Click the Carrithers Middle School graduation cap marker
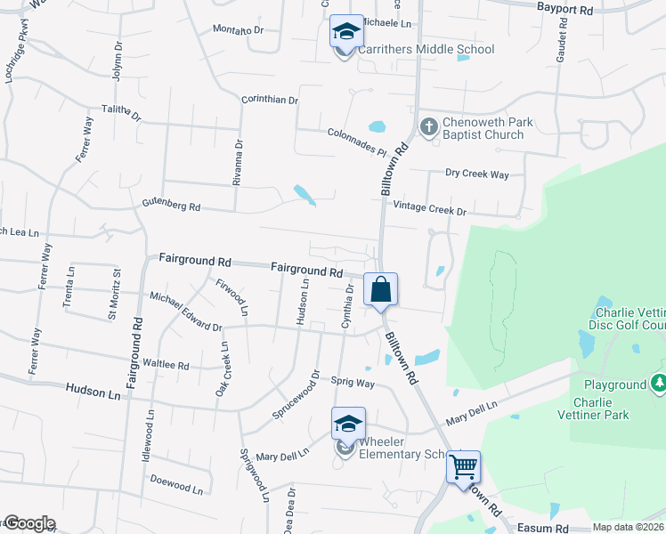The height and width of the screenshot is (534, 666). (x=346, y=32)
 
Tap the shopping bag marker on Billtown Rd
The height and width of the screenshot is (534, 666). (x=380, y=289)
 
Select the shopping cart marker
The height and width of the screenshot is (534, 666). (x=463, y=466)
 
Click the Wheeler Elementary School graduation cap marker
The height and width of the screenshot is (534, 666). (x=348, y=424)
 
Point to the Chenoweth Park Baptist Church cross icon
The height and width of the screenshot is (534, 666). (x=428, y=125)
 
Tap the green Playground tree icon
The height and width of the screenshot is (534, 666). (x=659, y=384)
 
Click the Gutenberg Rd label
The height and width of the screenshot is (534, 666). (x=171, y=206)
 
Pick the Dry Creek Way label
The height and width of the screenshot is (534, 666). (x=477, y=174)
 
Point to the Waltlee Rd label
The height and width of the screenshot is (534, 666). (x=166, y=365)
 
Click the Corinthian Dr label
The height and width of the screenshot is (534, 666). (x=270, y=100)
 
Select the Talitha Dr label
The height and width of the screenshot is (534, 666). (x=122, y=112)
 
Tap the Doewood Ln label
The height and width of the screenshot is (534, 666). (x=177, y=488)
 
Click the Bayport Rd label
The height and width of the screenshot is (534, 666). (x=564, y=9)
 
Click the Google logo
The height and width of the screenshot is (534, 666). (x=28, y=523)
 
